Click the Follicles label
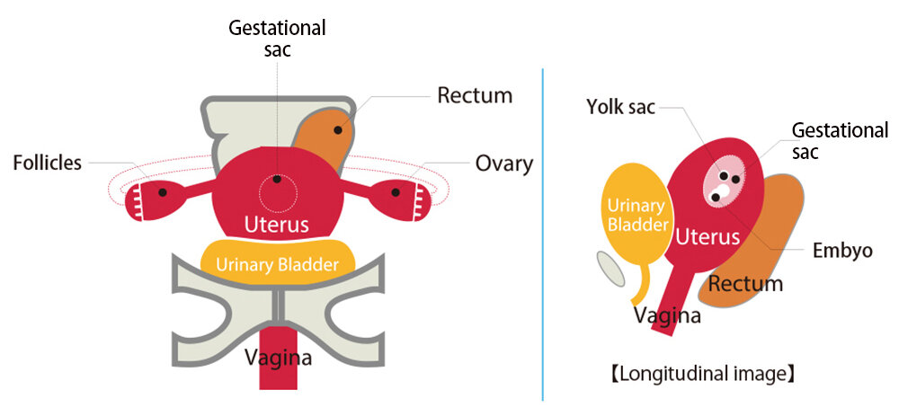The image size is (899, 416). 47,163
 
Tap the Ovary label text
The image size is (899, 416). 503,164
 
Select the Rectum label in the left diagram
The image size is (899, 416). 475,95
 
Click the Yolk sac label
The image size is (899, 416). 620,107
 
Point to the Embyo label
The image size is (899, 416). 842,251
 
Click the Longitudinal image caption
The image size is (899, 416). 703,372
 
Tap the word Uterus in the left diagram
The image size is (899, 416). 277,224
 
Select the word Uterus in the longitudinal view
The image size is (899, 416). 708,237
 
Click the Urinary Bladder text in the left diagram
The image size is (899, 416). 277,264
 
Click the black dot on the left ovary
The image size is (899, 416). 161,190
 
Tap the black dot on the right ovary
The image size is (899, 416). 396,190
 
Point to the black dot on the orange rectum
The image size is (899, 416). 340,131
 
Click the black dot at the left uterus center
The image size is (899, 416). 278,180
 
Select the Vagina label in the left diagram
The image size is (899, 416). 278,358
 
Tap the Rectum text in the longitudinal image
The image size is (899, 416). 745,284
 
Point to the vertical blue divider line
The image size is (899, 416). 543,234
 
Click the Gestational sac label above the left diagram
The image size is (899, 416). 277,39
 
